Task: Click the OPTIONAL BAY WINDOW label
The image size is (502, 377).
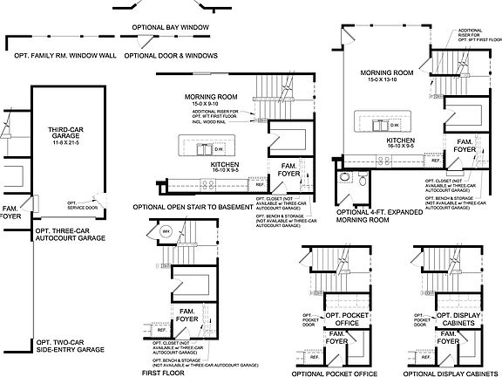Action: pyautogui.click(x=172, y=28)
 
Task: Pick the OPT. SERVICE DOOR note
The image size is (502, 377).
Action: pyautogui.click(x=79, y=205)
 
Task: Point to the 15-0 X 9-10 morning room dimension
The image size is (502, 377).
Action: pyautogui.click(x=207, y=103)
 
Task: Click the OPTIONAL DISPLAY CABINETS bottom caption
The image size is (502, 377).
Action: pyautogui.click(x=448, y=373)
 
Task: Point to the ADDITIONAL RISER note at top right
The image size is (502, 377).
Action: pyautogui.click(x=471, y=36)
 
